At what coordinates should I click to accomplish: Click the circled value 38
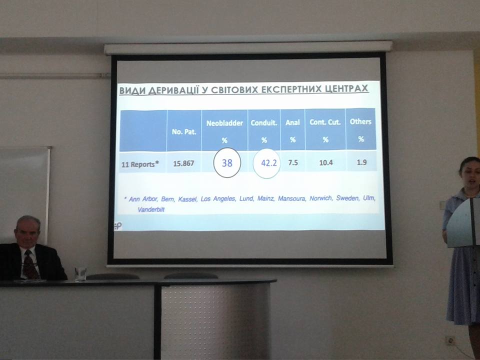[x=227, y=163]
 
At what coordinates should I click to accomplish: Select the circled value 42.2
[x=269, y=163]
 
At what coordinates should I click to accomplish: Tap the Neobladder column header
[x=224, y=123]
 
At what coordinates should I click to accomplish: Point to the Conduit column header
[x=264, y=123]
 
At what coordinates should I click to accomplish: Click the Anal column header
[x=292, y=122]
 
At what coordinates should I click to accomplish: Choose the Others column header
[x=360, y=121]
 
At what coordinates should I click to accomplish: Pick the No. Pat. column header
[x=183, y=131]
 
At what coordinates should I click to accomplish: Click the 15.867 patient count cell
[x=183, y=163]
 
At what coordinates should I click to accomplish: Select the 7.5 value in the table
[x=293, y=162]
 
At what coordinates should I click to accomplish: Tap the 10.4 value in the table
[x=325, y=162]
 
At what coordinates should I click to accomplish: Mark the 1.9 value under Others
[x=361, y=162]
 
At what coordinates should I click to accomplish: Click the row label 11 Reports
[x=140, y=164]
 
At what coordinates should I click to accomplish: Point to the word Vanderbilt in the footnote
[x=151, y=209]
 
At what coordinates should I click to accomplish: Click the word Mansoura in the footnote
[x=291, y=198]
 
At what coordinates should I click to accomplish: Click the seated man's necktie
[x=30, y=265]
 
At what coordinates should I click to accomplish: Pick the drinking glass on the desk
[x=80, y=273]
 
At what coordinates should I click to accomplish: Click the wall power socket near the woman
[x=450, y=340]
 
